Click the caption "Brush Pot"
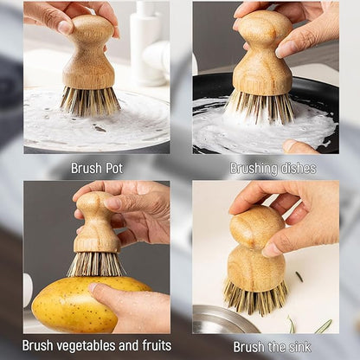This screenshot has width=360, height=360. click(96, 168)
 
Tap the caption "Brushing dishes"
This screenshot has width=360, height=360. click(273, 168)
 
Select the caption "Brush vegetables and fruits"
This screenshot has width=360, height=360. click(96, 345)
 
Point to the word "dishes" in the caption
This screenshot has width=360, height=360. click(297, 168)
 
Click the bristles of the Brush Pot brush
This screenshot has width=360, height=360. click(89, 100)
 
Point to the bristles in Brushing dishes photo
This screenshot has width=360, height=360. click(262, 107)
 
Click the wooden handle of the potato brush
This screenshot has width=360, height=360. click(96, 223)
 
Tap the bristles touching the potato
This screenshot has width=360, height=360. click(96, 263)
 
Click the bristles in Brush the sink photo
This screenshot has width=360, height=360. click(254, 296)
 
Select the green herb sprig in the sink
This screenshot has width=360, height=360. click(323, 326)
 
